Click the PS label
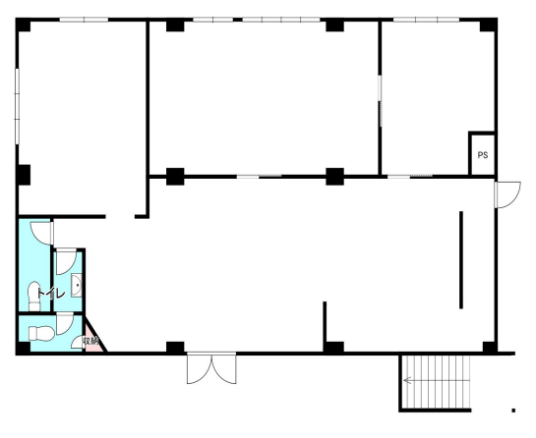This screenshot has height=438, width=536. point(482,155)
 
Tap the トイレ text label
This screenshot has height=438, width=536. point(50,294)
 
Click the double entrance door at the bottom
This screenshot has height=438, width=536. point(211,368)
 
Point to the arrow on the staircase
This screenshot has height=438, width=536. point(407,380)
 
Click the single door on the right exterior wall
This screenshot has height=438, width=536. point(507,194)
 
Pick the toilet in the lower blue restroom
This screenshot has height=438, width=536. point(41,333)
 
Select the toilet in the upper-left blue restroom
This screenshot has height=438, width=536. point(34,296)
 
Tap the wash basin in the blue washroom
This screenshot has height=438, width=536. point(77,285)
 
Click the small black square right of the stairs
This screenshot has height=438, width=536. point(513,411)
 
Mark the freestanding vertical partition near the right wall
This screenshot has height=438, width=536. point(461,260)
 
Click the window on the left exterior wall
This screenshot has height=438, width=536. point(17,106)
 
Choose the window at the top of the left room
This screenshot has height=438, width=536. point(85,20)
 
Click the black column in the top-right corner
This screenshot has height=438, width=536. point(488,25)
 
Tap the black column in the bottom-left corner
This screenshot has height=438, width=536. point(23,348)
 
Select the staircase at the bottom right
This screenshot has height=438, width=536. point(435,382)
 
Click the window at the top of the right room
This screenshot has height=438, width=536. point(426,20)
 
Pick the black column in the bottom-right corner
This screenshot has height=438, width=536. point(490,348)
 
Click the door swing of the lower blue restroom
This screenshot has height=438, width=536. point(65,324)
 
